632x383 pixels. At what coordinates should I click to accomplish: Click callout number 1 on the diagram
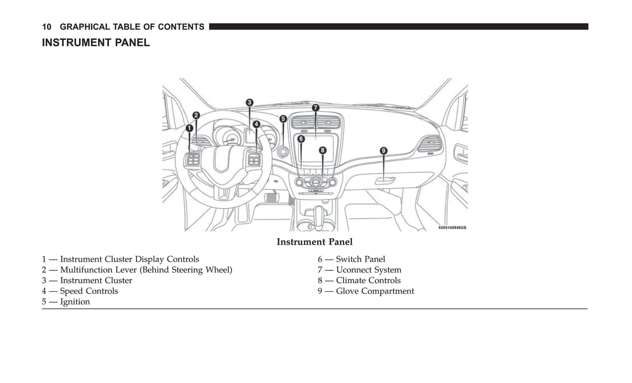coord(189,128)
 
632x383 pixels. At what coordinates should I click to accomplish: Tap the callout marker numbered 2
coord(196,115)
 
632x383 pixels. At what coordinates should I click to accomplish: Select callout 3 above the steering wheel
coord(249,103)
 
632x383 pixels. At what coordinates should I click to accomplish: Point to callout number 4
coord(256,124)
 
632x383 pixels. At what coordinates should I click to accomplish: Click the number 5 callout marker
coord(283,119)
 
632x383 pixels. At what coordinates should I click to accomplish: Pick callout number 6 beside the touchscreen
coord(301,139)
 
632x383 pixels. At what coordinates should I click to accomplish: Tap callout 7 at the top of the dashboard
coord(315,108)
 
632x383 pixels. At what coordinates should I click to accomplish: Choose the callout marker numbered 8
coord(322,150)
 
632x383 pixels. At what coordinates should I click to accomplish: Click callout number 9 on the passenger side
coord(383,151)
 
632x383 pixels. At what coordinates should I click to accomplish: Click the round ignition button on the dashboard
coord(283,152)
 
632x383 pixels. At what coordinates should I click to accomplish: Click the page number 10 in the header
coord(46,27)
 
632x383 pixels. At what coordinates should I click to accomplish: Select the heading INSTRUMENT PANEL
coord(96,43)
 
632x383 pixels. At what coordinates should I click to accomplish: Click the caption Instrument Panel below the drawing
coord(314,242)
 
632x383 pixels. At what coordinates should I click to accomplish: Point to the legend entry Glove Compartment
coord(374,291)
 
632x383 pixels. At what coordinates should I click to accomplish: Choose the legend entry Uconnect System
coord(368,270)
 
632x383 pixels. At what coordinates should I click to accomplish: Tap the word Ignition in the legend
coord(75,301)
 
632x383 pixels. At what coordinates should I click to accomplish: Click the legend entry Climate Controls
coord(368,280)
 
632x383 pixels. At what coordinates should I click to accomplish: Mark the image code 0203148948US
coord(452,227)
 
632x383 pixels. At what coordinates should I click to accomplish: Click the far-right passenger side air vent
coord(429,144)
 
